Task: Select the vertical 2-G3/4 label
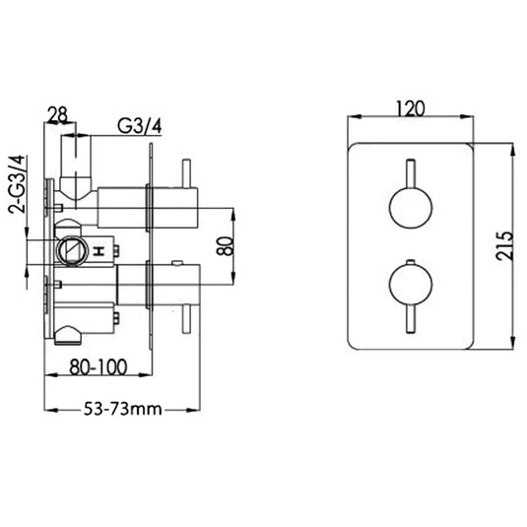[15, 187]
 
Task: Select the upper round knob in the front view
[409, 209]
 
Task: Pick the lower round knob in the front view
[409, 285]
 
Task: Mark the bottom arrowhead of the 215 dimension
[513, 347]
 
